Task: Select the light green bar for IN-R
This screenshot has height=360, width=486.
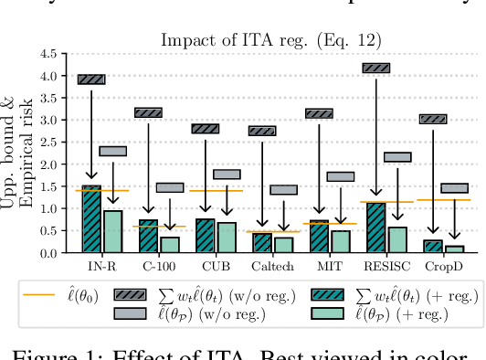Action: pyautogui.click(x=112, y=231)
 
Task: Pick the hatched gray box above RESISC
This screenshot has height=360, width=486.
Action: pyautogui.click(x=375, y=68)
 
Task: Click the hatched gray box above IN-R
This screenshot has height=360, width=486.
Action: pyautogui.click(x=91, y=79)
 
